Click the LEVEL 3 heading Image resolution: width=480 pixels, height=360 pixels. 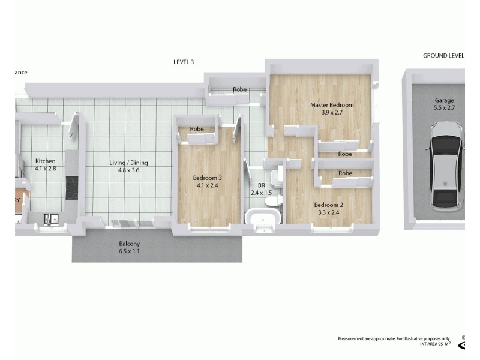[x=183, y=62]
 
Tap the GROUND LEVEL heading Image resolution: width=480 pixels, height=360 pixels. [x=443, y=56]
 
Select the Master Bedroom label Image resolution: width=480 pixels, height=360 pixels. [x=332, y=105]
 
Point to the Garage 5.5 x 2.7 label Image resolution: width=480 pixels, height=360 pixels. [x=445, y=104]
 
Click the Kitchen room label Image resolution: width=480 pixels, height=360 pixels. [x=46, y=161]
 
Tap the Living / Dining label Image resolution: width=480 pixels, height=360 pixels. [x=128, y=163]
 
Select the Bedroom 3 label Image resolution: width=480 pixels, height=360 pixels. [x=207, y=178]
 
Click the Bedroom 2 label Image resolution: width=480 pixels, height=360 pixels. [x=329, y=204]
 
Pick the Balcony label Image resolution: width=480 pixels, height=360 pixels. [x=129, y=244]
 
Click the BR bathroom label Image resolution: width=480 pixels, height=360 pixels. [x=262, y=185]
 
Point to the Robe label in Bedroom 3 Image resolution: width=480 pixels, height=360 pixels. [x=196, y=129]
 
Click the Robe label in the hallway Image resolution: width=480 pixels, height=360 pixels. [x=240, y=90]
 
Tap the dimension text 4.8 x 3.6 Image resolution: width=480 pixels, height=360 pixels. [x=128, y=170]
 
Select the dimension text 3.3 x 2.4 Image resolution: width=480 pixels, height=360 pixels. [x=329, y=212]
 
